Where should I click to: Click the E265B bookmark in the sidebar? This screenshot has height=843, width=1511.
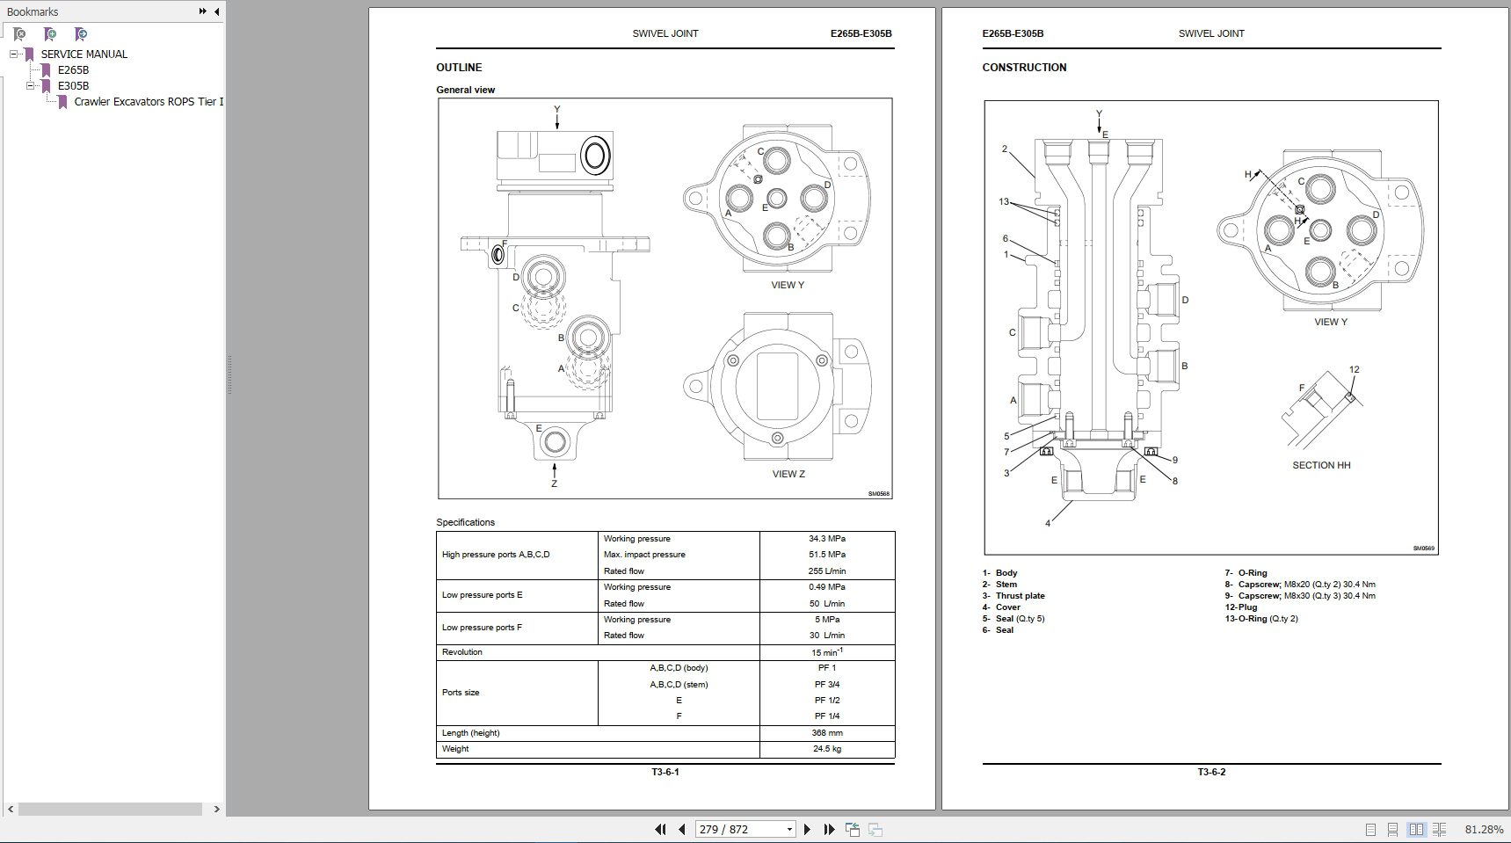[73, 69]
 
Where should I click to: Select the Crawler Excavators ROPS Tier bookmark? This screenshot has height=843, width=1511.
[148, 101]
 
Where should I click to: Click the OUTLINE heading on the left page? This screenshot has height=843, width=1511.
[459, 68]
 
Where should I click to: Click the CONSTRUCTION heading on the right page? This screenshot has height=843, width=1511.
[1024, 68]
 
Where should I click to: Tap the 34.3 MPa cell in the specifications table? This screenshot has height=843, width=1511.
[826, 539]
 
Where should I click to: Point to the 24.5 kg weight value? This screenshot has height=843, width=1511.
[826, 749]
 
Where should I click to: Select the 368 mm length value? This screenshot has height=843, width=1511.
[826, 733]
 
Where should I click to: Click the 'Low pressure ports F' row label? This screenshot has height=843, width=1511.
[482, 628]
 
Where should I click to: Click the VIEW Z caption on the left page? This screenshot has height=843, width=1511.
[788, 474]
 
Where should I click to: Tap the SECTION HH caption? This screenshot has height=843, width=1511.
[1321, 465]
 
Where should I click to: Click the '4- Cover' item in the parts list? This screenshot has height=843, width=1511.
[1002, 607]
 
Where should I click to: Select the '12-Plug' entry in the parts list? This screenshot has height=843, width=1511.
[1241, 607]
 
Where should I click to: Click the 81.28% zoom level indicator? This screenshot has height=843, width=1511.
[1484, 829]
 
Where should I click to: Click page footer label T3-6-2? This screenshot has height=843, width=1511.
[1211, 772]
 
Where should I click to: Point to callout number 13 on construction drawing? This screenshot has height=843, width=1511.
[1004, 201]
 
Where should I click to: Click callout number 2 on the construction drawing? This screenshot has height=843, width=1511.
[1005, 149]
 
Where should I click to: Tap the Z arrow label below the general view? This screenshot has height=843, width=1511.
[554, 483]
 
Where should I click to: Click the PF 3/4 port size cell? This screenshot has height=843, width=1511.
[826, 685]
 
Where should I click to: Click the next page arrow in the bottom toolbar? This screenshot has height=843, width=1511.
[808, 829]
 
